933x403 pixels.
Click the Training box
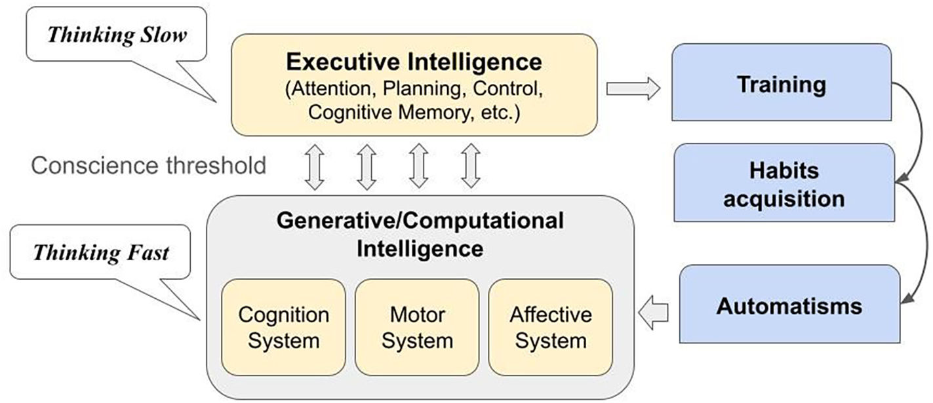(780, 83)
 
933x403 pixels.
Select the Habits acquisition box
(784, 183)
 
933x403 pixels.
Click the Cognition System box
(283, 327)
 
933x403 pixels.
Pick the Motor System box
(417, 327)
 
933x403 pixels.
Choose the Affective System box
(551, 327)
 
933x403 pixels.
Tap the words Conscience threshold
(149, 165)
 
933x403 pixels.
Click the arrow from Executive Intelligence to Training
(633, 88)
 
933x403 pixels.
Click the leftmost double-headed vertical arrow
(315, 166)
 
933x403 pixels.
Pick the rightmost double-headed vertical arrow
(470, 166)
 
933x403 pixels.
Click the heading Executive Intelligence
(414, 62)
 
